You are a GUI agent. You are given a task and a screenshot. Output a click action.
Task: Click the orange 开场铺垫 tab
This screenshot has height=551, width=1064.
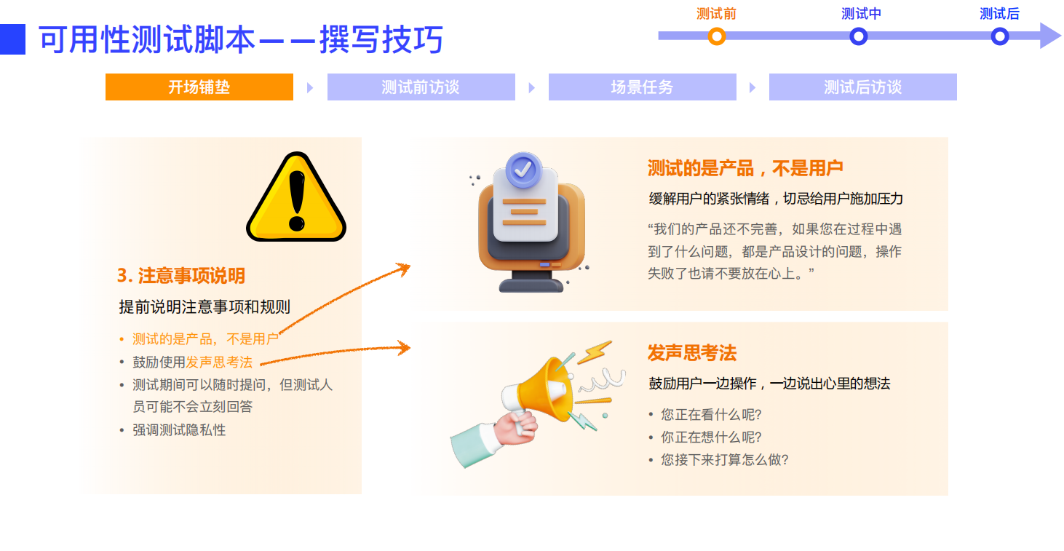pos(199,87)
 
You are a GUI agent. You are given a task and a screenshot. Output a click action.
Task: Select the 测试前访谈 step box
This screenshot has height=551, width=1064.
pos(421,87)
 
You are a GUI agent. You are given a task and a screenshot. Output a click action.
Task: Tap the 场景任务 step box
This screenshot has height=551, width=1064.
pos(642,87)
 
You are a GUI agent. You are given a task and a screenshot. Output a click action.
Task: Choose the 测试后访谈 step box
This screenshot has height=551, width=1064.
pos(862,87)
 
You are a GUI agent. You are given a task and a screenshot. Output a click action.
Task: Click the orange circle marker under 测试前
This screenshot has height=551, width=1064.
pos(717,36)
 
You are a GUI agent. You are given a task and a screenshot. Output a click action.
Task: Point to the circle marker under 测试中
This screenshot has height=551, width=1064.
pos(859,36)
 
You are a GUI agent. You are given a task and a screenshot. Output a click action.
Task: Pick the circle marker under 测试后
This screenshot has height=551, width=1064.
pos(1000,36)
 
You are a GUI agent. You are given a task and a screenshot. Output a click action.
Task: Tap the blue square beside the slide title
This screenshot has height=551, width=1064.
pos(12,39)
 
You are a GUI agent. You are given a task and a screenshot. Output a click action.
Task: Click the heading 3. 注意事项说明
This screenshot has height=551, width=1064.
pos(181,276)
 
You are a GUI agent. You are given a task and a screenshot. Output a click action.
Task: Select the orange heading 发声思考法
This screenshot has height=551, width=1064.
pos(692,354)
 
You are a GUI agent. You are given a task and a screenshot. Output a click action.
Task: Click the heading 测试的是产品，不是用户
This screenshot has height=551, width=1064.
pos(745,169)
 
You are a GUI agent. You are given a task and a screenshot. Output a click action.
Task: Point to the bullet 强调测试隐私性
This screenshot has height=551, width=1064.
pos(179,430)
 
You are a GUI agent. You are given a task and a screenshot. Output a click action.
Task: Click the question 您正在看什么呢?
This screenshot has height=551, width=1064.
pos(711,415)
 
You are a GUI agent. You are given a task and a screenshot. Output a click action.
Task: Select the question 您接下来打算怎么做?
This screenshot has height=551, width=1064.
pos(724,460)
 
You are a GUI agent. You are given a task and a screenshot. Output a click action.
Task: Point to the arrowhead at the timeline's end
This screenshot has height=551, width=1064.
pos(1051,36)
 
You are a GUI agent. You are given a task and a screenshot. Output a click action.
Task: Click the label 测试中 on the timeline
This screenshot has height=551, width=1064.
pos(861,14)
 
